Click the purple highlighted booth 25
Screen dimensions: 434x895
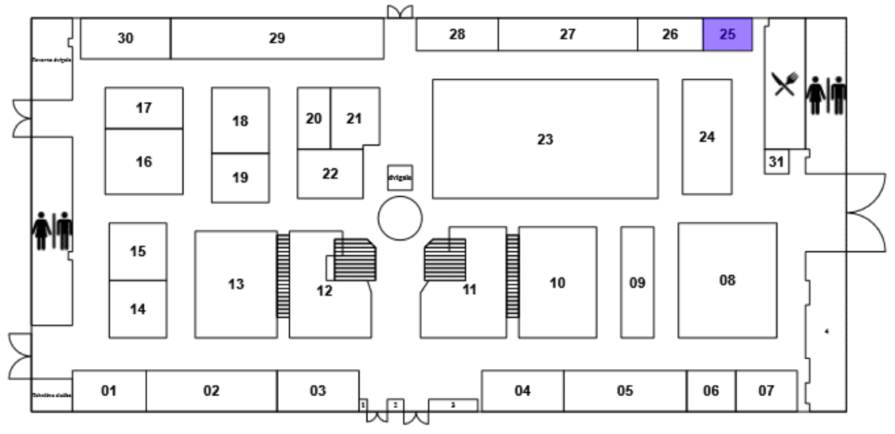point(727,36)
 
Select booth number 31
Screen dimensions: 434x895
point(777,162)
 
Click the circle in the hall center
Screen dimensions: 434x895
point(400,217)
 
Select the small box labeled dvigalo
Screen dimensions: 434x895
point(400,178)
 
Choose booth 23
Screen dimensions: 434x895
point(545,139)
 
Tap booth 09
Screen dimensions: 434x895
point(637,282)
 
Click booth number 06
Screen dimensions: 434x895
point(711,391)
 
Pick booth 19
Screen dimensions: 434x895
point(240,178)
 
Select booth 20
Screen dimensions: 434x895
point(314,119)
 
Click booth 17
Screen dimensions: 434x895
point(144,108)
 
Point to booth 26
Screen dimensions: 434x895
point(670,36)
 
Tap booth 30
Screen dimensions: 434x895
point(126,39)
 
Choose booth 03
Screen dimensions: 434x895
point(318,391)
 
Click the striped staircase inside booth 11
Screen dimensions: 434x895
point(445,259)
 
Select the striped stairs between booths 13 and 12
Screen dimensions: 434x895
point(283,275)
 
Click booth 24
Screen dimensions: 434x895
point(707,137)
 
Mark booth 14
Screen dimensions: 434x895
point(137,309)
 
